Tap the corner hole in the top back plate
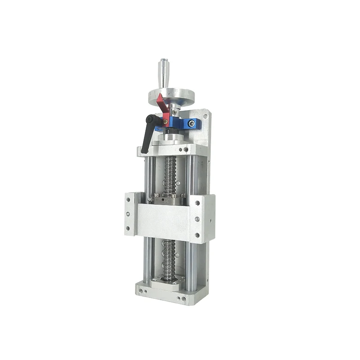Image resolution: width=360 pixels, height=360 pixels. point(206,116)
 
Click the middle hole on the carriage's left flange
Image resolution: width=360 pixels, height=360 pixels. point(129,215)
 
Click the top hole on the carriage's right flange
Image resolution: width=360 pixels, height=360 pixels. point(197,203)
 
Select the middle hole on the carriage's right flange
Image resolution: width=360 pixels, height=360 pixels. point(197,220)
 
